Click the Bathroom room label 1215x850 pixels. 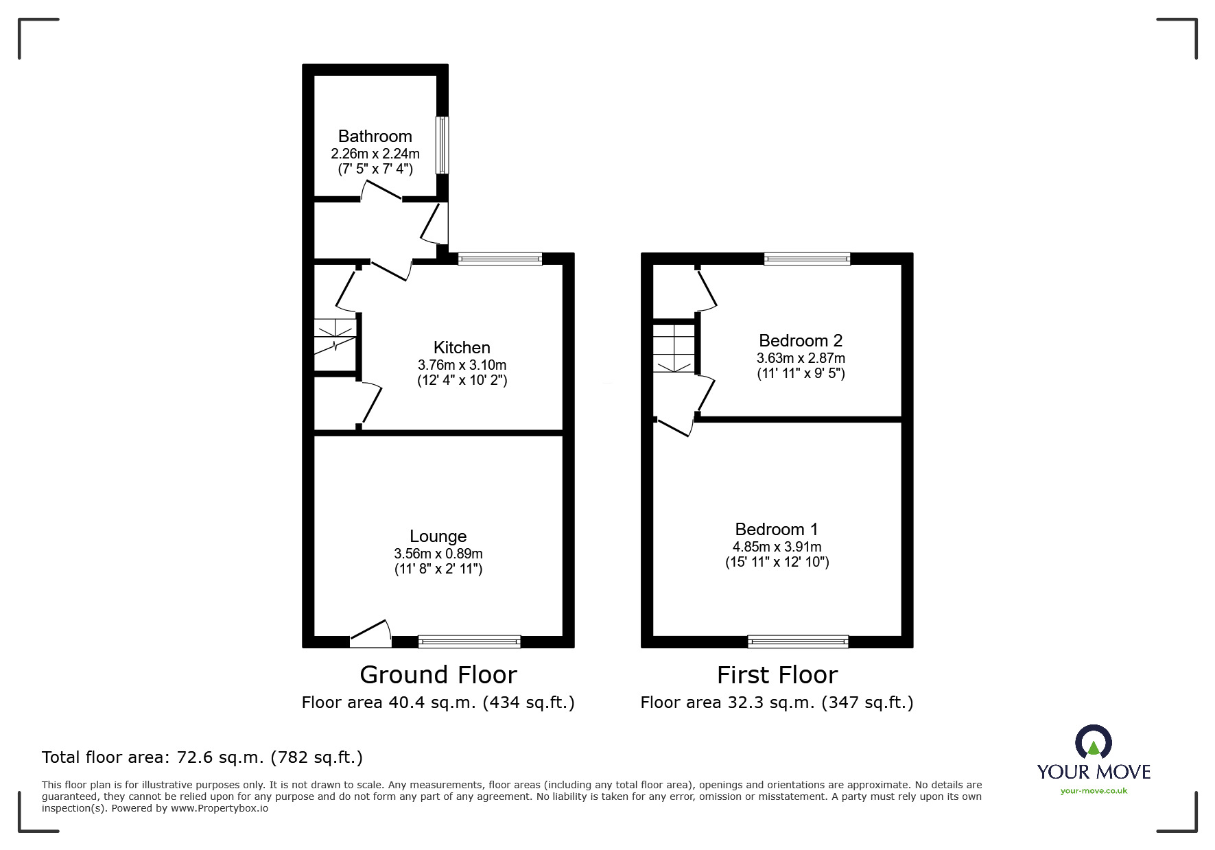coord(375,136)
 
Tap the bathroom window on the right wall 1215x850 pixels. coord(443,145)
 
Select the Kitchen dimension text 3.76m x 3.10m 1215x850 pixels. coord(462,365)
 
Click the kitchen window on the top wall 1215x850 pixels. coord(499,259)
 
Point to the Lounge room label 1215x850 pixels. coord(438,536)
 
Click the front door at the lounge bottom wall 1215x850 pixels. coord(370,635)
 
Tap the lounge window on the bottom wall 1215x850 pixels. coord(469,642)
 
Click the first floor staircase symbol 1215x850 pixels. coord(673,349)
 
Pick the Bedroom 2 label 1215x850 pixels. coord(800,341)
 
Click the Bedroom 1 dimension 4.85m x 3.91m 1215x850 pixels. coord(777,547)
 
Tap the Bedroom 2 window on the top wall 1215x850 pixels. coord(807,259)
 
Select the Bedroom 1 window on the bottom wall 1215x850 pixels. coord(798,642)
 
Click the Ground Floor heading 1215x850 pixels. coord(438,675)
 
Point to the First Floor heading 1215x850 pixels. coord(777,675)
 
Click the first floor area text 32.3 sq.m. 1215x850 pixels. coord(777,703)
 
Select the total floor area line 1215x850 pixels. coord(202,757)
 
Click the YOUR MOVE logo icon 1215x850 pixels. coord(1093,743)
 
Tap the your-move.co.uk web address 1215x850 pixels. coord(1094,791)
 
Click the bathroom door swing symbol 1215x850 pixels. coord(381,190)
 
